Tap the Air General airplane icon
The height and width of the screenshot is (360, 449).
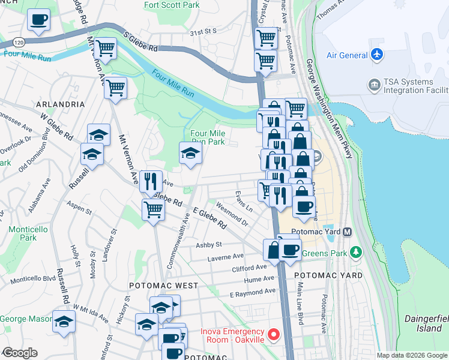[377, 55]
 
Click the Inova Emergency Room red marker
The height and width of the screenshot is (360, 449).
[274, 334]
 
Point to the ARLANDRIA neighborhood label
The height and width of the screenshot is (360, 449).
[60, 104]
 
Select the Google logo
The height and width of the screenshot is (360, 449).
[19, 353]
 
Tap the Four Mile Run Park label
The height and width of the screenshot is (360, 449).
[207, 137]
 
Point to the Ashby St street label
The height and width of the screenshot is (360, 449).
[209, 245]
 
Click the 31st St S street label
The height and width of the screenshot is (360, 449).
[202, 31]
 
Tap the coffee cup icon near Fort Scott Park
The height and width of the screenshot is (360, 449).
[38, 19]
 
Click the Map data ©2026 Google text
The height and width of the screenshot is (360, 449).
[412, 355]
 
